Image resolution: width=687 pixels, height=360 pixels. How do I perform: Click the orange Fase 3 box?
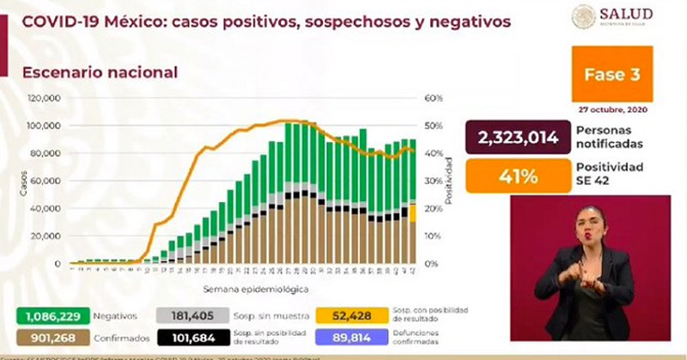612,75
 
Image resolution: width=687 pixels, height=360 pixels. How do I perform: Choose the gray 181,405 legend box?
193,315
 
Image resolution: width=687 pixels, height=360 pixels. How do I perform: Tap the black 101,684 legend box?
193,337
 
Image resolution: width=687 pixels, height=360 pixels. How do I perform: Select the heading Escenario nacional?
100,73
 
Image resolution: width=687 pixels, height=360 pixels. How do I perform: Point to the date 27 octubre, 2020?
612,110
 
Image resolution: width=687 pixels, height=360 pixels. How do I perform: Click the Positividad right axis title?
448,181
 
